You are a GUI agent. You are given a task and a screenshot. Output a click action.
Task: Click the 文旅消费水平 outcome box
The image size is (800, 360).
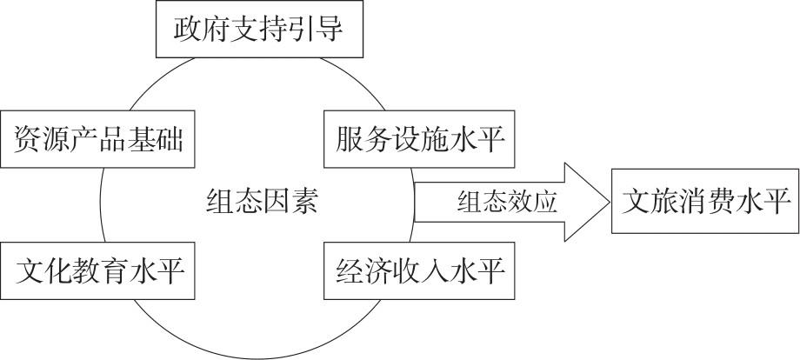704,202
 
